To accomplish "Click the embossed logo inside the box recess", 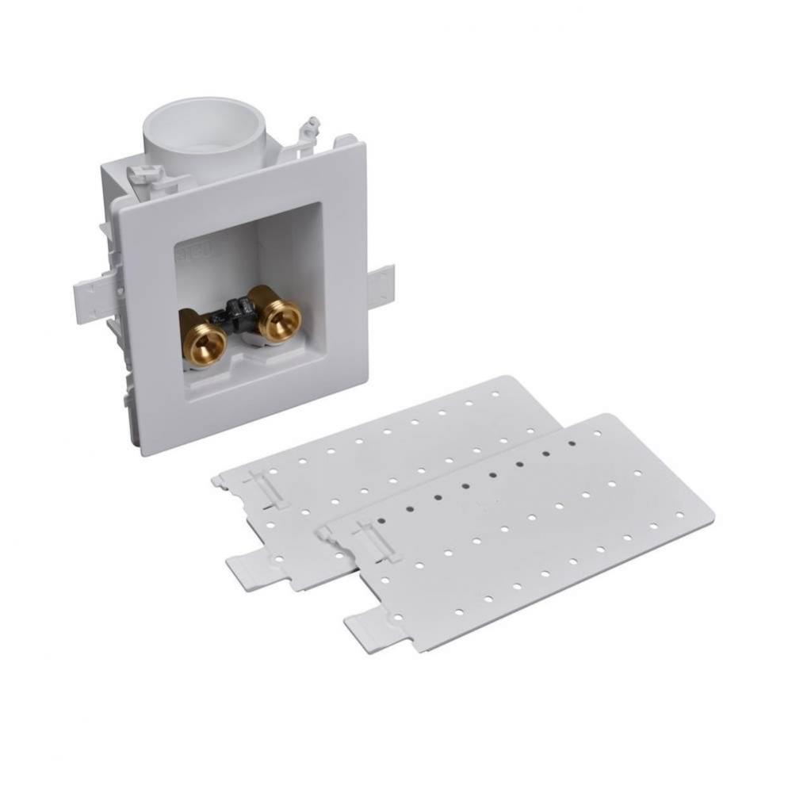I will click(182, 252).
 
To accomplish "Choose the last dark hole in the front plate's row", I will click(572, 443).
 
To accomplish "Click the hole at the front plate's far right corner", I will click(679, 515).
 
